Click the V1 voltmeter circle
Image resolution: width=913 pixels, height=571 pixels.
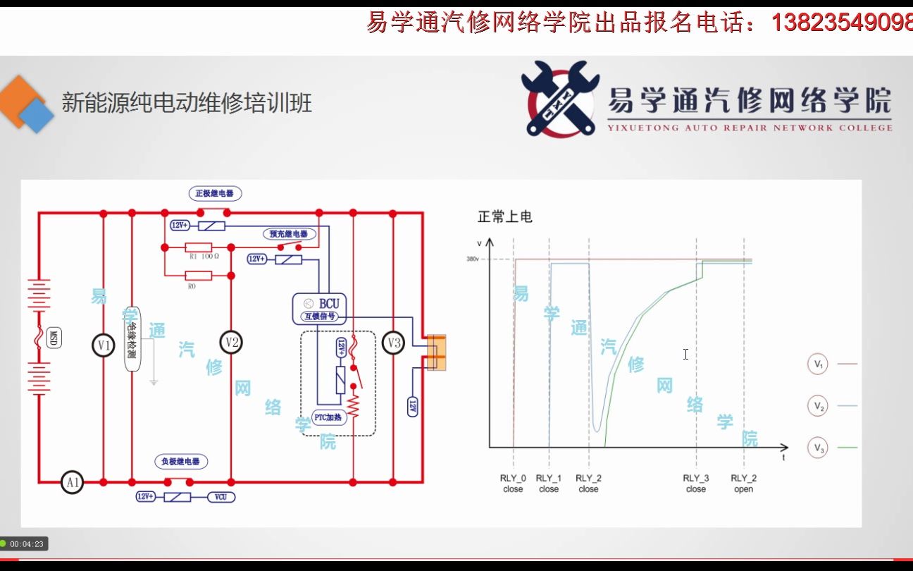[104, 345]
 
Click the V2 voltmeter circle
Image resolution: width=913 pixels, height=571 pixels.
[231, 343]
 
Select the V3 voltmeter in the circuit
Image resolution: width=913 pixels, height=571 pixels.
[394, 343]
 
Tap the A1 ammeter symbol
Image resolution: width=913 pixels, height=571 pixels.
[72, 482]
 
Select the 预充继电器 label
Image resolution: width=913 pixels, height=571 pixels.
[289, 233]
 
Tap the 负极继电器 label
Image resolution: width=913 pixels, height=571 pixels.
[181, 462]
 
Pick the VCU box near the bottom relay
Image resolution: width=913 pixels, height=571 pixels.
[221, 497]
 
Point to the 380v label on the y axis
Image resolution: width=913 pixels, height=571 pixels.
[472, 259]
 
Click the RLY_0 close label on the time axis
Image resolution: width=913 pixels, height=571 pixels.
[513, 484]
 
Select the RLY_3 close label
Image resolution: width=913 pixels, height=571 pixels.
[695, 484]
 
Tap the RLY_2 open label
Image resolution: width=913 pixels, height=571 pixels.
[743, 484]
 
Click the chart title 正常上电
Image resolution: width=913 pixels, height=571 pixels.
[504, 216]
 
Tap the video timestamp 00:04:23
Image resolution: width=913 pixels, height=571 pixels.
[27, 544]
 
